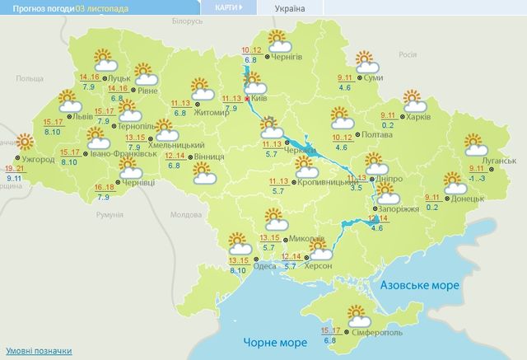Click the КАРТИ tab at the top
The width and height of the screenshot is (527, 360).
point(228,8)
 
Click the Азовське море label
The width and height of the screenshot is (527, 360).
point(420,284)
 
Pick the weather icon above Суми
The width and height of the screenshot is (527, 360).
point(366,61)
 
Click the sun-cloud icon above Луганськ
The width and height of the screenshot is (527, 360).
point(476,145)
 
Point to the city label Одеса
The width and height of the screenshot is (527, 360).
point(264,266)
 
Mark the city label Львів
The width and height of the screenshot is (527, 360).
point(83,116)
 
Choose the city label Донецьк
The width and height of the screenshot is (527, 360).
point(467,199)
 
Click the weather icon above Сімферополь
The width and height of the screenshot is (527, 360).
point(357,313)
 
